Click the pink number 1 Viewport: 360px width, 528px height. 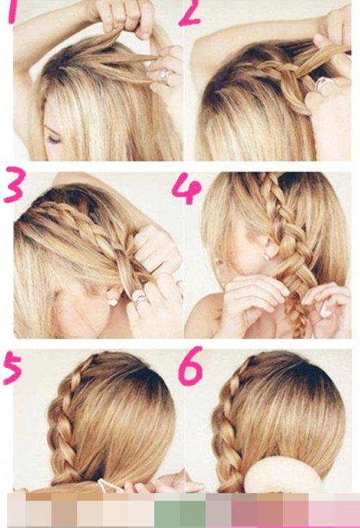pos(12,12)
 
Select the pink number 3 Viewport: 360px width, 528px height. pos(14,185)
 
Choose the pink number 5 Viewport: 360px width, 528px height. pos(12,368)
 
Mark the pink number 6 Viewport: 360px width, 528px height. pos(191,366)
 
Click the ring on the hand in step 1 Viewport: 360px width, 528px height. pos(166,76)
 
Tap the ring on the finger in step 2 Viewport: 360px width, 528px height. pos(323,83)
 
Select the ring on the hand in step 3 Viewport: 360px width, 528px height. pos(139,299)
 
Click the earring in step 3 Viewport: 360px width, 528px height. pos(113,302)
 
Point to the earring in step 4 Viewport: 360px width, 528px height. pos(266,257)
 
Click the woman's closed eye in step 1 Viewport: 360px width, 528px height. pos(53,138)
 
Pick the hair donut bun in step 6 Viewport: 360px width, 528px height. pos(282,475)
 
